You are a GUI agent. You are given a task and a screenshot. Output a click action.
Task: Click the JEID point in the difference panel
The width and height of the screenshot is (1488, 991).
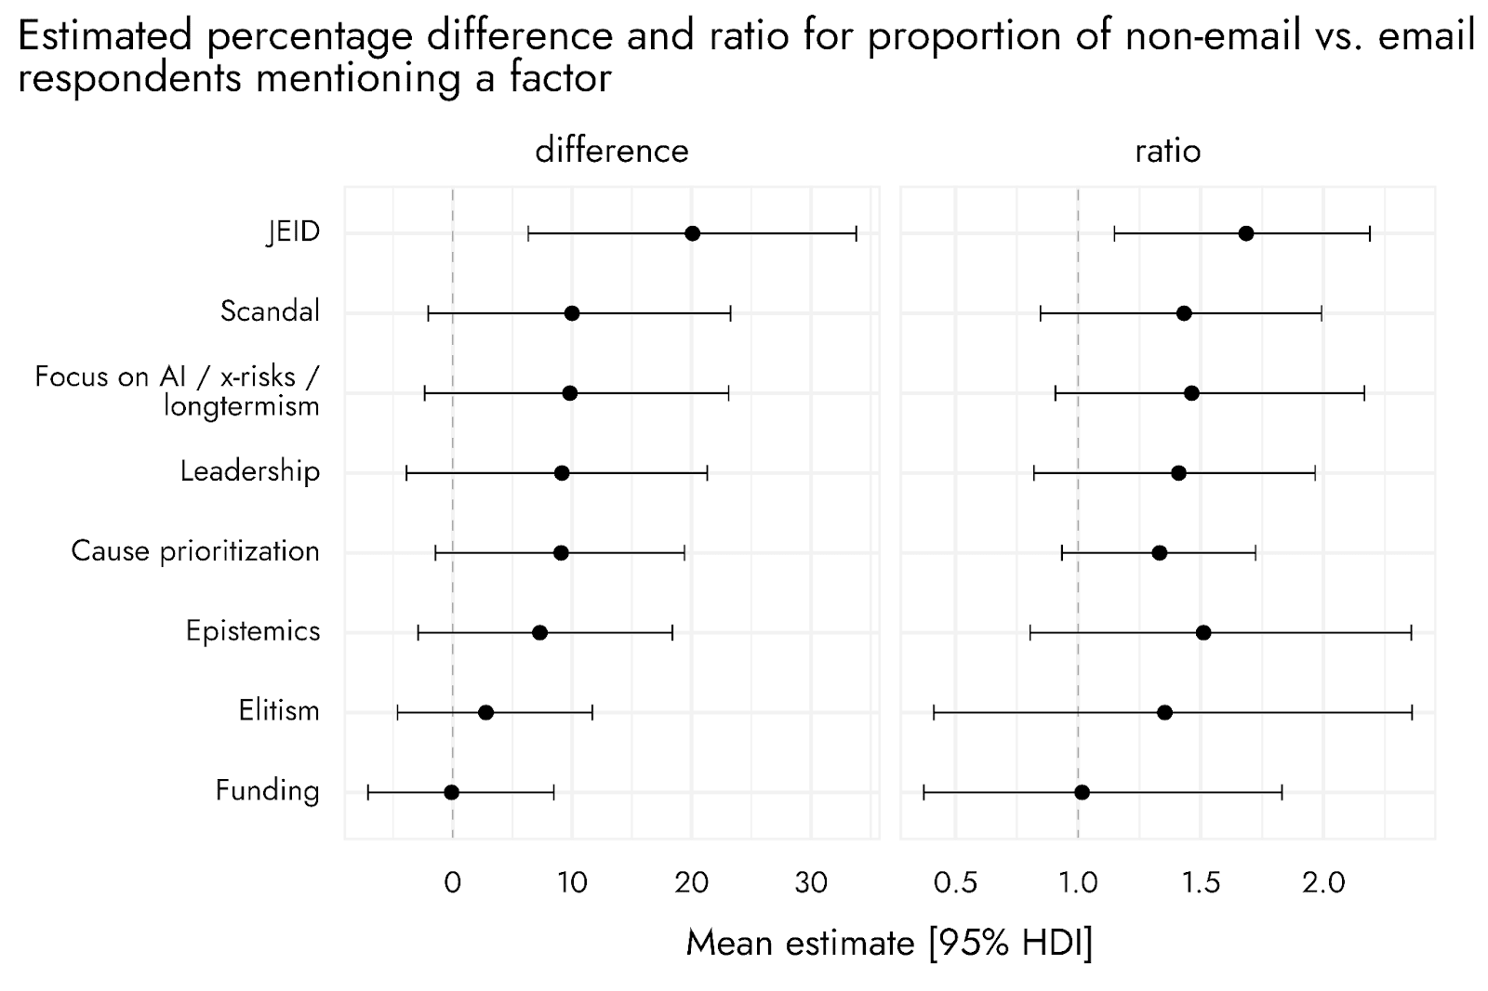click(692, 233)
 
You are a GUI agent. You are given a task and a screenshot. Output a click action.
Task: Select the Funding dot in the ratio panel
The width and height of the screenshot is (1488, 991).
click(1082, 792)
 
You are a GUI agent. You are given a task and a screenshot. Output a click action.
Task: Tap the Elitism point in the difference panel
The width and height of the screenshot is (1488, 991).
click(485, 713)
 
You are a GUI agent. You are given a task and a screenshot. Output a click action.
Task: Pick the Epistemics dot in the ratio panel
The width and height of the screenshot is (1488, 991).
click(1203, 632)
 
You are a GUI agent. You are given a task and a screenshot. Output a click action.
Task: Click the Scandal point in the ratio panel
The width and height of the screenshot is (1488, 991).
click(1184, 313)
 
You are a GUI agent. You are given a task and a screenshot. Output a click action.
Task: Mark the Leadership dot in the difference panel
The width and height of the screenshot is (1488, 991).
click(562, 473)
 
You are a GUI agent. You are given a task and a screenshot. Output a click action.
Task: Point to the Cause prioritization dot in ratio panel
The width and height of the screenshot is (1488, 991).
click(1159, 552)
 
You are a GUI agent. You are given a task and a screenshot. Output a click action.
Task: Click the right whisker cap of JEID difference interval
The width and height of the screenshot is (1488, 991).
click(857, 233)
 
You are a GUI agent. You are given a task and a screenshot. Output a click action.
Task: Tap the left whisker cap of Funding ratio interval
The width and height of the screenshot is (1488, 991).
click(924, 792)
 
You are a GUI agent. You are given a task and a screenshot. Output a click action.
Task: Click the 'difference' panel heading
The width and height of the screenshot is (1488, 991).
click(612, 151)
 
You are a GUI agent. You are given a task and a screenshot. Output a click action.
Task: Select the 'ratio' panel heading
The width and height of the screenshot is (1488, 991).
click(1168, 152)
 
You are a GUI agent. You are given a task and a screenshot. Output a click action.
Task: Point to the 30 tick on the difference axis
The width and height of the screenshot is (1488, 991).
click(811, 883)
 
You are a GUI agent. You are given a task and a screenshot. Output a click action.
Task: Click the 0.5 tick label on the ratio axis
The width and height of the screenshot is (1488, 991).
click(955, 883)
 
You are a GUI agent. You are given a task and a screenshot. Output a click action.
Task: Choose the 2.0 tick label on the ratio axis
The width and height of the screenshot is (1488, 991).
click(1323, 883)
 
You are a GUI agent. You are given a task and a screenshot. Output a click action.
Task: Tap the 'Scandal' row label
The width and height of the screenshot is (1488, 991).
click(270, 311)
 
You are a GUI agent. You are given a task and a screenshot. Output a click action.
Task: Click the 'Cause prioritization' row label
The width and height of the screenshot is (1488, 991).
click(195, 551)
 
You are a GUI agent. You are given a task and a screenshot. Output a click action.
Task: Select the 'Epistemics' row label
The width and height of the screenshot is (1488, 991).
click(253, 631)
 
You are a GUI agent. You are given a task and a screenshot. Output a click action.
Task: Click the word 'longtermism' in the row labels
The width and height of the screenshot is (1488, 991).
click(242, 406)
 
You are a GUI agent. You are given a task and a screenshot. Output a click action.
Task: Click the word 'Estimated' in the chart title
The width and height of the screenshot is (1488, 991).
click(105, 35)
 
